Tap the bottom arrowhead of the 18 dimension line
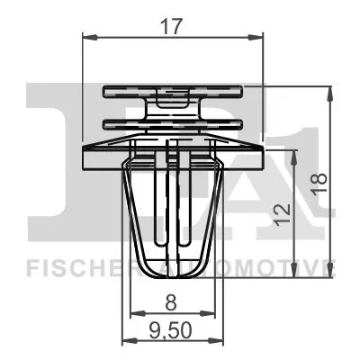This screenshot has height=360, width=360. coord(334,276)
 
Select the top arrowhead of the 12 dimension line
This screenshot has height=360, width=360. coord(295,153)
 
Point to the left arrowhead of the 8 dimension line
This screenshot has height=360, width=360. coord(135,313)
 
